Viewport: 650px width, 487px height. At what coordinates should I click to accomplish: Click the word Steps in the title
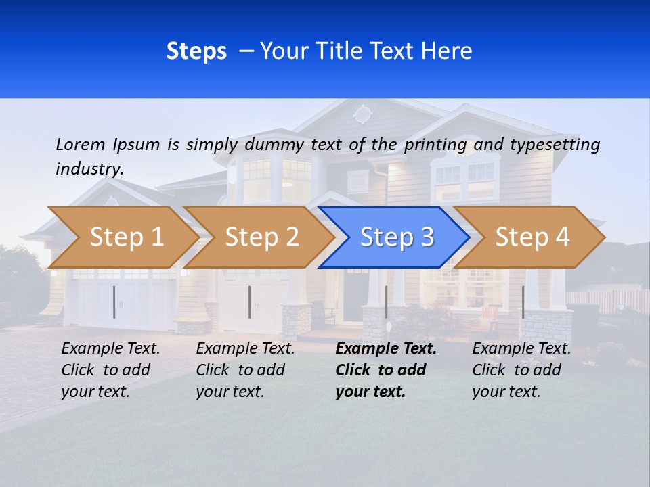(x=196, y=51)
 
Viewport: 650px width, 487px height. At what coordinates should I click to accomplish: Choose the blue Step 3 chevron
(x=395, y=237)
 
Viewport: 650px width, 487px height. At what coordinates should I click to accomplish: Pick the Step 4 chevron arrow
(x=530, y=237)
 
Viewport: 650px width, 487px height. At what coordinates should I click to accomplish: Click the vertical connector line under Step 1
(x=114, y=302)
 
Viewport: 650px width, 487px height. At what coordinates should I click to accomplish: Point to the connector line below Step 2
(x=250, y=302)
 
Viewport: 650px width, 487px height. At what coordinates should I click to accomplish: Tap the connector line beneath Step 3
(x=386, y=302)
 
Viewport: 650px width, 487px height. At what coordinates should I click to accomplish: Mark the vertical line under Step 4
(x=523, y=302)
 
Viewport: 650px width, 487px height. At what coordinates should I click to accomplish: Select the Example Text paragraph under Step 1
(x=110, y=370)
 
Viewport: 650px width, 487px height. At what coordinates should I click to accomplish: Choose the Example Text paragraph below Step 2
(x=245, y=370)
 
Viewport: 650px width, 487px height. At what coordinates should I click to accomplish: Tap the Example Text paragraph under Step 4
(x=521, y=370)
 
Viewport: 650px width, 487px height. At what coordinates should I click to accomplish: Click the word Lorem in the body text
(x=81, y=145)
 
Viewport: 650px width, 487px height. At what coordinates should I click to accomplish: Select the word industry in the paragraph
(x=89, y=169)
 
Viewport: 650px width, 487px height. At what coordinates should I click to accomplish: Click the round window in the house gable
(x=363, y=114)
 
